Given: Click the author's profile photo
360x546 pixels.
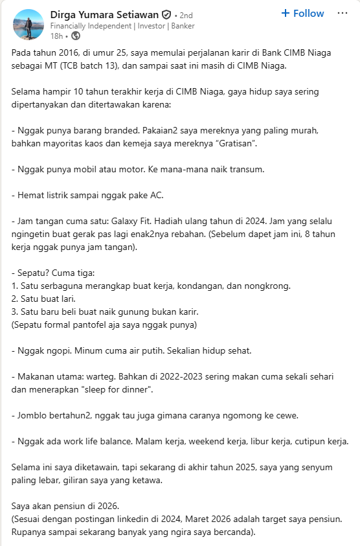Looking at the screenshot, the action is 28,24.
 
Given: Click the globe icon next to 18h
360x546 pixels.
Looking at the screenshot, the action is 75,36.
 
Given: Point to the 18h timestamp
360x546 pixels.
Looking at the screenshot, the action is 56,36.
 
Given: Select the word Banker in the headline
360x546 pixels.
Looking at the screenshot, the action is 182,26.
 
